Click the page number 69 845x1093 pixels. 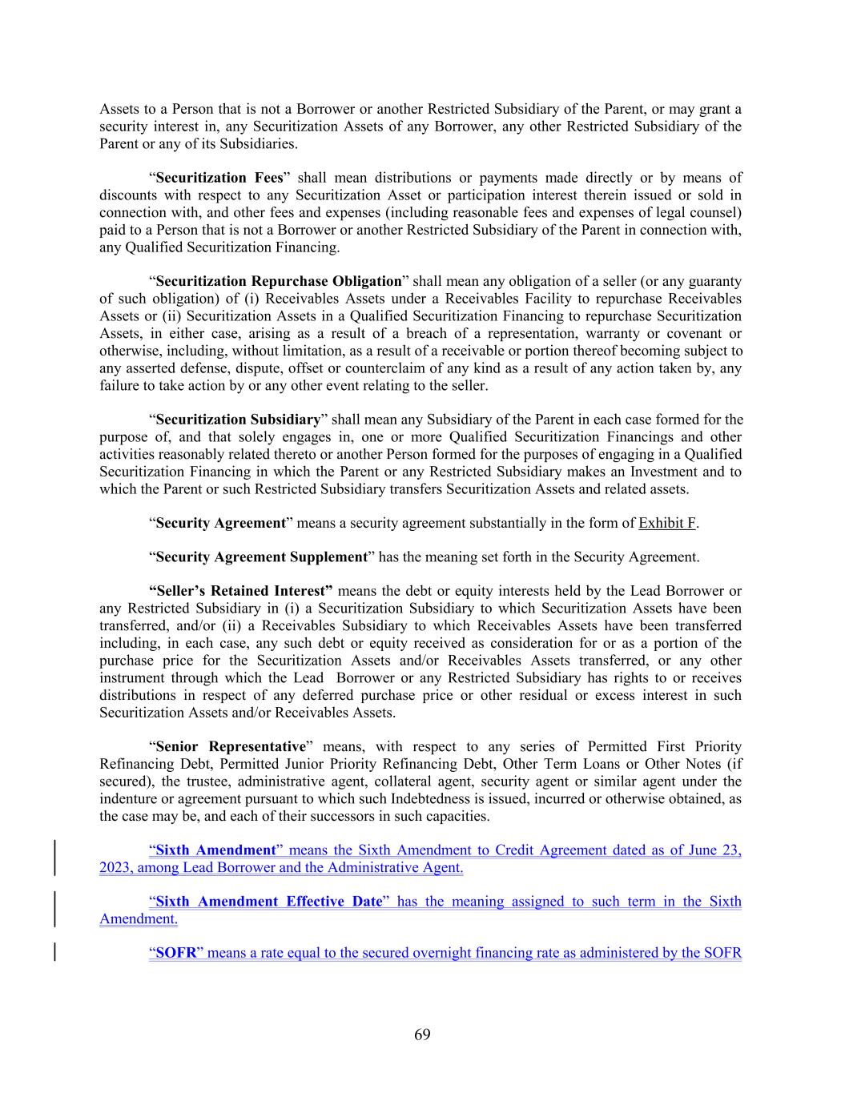click(422, 1035)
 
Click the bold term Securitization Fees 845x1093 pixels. click(219, 178)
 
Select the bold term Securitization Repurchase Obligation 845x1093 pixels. click(278, 281)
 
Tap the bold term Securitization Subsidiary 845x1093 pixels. click(238, 420)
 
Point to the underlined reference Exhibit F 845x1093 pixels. click(666, 523)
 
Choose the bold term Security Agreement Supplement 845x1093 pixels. click(261, 557)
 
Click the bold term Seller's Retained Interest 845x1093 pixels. click(241, 591)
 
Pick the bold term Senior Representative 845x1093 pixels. click(231, 746)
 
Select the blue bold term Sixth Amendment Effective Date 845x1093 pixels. click(268, 902)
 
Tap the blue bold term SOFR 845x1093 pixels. click(174, 953)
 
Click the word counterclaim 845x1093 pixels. click(381, 368)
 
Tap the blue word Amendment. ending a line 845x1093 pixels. click(139, 918)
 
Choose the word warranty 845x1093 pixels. click(623, 333)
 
